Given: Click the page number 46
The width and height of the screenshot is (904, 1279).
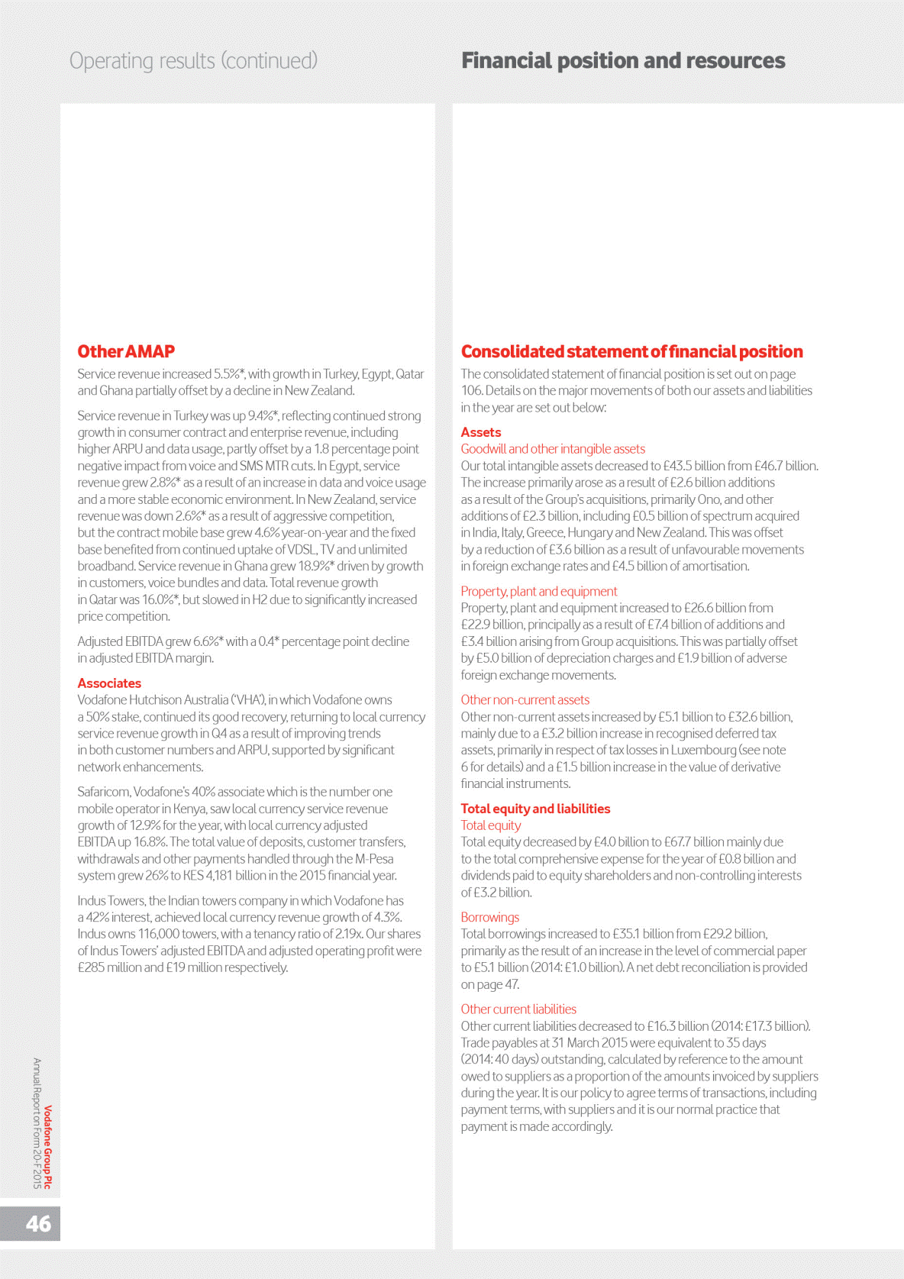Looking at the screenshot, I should tap(38, 1223).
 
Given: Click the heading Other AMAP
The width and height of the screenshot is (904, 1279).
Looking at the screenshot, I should tap(126, 351).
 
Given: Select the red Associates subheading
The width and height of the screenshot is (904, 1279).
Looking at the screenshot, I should tap(109, 683).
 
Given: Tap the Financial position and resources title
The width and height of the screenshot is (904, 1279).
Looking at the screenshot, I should tap(623, 61).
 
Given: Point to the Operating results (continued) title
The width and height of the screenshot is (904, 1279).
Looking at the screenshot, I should tap(193, 61).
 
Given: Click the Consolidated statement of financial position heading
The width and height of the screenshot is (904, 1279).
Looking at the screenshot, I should tap(631, 351).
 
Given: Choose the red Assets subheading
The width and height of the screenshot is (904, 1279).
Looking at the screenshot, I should tap(481, 432).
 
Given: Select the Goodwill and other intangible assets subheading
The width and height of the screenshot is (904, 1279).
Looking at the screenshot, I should tap(553, 449).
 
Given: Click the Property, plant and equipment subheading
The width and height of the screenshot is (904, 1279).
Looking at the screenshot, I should tap(539, 591).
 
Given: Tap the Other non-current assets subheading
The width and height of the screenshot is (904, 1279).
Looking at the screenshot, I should tap(525, 699).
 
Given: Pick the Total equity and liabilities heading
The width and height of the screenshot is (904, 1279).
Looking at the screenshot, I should tap(535, 809).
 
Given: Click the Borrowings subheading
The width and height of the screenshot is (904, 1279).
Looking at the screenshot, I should tap(490, 917).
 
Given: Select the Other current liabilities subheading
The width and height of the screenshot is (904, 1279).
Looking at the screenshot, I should tap(518, 1009).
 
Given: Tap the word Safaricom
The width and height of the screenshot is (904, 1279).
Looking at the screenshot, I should tap(103, 792).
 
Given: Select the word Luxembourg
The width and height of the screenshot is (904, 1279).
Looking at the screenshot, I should tap(703, 750).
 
